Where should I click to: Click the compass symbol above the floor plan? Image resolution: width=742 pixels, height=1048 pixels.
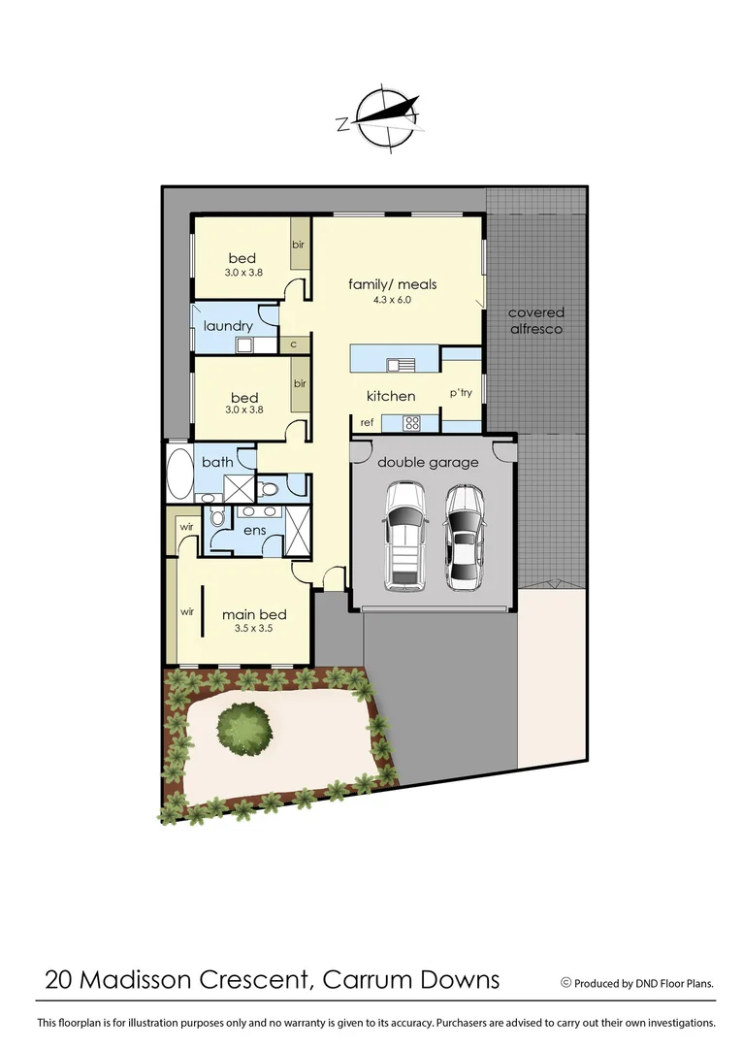[x=385, y=117]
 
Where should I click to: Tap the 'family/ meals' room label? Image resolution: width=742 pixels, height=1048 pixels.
[x=393, y=284]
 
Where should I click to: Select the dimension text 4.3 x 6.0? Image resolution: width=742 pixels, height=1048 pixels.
[x=393, y=300]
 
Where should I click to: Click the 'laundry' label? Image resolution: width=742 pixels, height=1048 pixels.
[x=228, y=326]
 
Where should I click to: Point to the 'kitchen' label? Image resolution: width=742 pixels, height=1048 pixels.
[x=391, y=396]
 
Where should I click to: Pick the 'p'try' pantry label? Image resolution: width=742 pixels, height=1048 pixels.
[x=460, y=393]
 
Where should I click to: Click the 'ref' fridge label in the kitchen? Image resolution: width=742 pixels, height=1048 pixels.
[x=367, y=422]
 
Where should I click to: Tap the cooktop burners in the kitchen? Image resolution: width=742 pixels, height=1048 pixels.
[x=410, y=422]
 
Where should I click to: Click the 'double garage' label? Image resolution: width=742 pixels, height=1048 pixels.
[x=428, y=462]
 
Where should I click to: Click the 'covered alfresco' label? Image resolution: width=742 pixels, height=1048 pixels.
[x=535, y=321]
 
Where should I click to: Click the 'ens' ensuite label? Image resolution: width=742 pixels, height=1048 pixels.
[x=254, y=531]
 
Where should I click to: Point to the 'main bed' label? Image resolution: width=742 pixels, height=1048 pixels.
[x=254, y=614]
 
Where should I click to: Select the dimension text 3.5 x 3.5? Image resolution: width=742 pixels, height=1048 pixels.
[x=254, y=629]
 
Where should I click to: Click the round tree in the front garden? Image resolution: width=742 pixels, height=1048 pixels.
[x=243, y=728]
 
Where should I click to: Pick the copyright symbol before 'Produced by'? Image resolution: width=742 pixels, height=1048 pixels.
[x=565, y=983]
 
